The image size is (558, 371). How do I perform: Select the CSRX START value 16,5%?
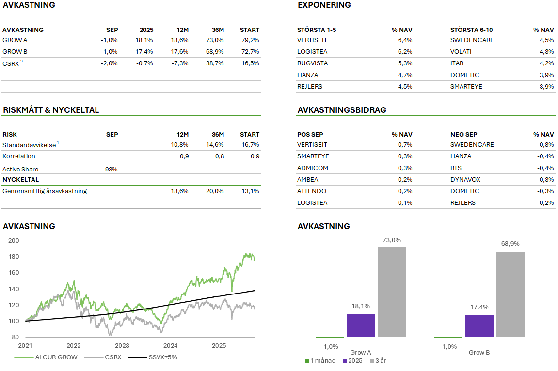point(251,63)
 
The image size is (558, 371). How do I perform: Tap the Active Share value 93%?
point(111,170)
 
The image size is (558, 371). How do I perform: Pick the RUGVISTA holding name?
point(312,63)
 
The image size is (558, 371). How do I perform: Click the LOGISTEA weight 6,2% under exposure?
point(404,52)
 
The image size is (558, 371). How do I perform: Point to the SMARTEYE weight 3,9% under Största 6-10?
point(546,87)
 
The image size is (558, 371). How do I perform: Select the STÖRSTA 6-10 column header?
point(471,30)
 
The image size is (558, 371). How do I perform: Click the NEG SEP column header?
point(463,135)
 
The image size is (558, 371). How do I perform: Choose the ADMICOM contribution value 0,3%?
point(404,168)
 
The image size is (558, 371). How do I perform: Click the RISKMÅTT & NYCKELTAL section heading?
point(51,110)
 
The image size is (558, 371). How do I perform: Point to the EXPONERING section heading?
point(324,5)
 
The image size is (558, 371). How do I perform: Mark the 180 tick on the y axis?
point(14,257)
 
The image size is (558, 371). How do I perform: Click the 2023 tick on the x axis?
point(122,346)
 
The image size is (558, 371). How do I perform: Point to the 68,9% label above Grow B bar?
point(510,244)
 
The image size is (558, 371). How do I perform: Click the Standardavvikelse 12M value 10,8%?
point(180,145)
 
